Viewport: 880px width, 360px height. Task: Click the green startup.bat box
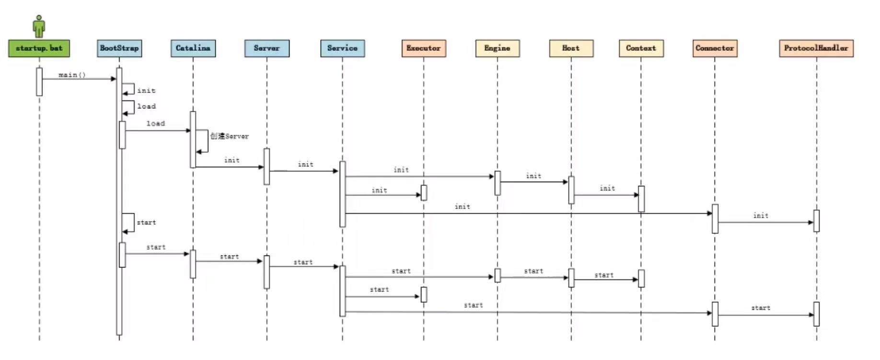[x=39, y=48]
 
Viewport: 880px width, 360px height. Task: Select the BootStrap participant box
[x=119, y=48]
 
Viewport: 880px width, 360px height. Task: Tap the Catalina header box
[x=193, y=48]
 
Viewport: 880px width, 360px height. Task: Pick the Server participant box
[x=266, y=48]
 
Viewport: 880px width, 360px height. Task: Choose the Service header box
[x=342, y=48]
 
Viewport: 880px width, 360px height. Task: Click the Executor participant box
[x=424, y=48]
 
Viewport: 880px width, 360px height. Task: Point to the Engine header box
[x=497, y=48]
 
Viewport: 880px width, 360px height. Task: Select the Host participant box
[x=571, y=48]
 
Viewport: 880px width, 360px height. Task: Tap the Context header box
[x=641, y=48]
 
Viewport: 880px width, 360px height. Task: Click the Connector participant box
[x=715, y=48]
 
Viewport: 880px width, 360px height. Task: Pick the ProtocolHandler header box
[x=816, y=48]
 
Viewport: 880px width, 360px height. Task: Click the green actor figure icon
[x=39, y=26]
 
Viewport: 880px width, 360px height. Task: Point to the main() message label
[x=72, y=75]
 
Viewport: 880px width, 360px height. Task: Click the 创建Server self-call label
[x=230, y=136]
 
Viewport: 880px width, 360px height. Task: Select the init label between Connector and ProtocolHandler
[x=761, y=216]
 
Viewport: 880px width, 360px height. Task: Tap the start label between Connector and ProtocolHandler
[x=761, y=308]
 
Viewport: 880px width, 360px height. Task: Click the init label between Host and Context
[x=607, y=188]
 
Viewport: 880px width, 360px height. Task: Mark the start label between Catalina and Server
[x=229, y=257]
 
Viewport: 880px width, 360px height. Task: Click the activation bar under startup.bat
[x=39, y=81]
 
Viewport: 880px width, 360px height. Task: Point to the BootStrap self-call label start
[x=146, y=222]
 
